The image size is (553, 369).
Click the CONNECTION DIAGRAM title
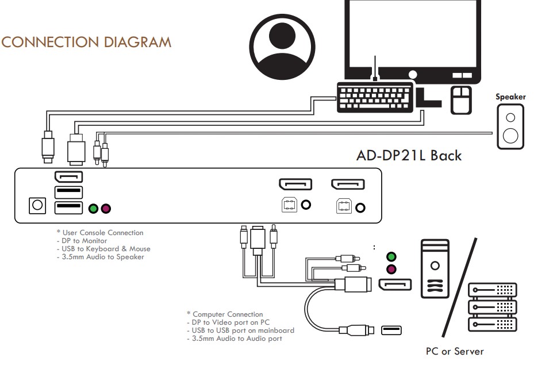tap(87, 42)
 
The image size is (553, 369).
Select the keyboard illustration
tap(375, 98)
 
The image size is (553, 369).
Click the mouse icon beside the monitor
tap(460, 100)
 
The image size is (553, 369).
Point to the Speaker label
tap(510, 97)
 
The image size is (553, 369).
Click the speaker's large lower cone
tap(510, 136)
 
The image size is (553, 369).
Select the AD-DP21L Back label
tap(409, 155)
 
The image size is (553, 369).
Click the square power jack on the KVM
tap(37, 206)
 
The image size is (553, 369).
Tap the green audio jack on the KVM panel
tap(93, 207)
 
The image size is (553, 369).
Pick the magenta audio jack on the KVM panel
tap(106, 207)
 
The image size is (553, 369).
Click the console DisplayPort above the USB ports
tap(68, 177)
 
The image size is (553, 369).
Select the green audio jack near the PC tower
tap(391, 257)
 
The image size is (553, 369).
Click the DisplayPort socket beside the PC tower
tap(394, 285)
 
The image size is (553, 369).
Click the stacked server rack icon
tap(493, 307)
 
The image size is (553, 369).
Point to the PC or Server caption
tap(455, 351)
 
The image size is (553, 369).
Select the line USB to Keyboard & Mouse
tap(103, 249)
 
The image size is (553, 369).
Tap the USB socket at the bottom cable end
tap(391, 330)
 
